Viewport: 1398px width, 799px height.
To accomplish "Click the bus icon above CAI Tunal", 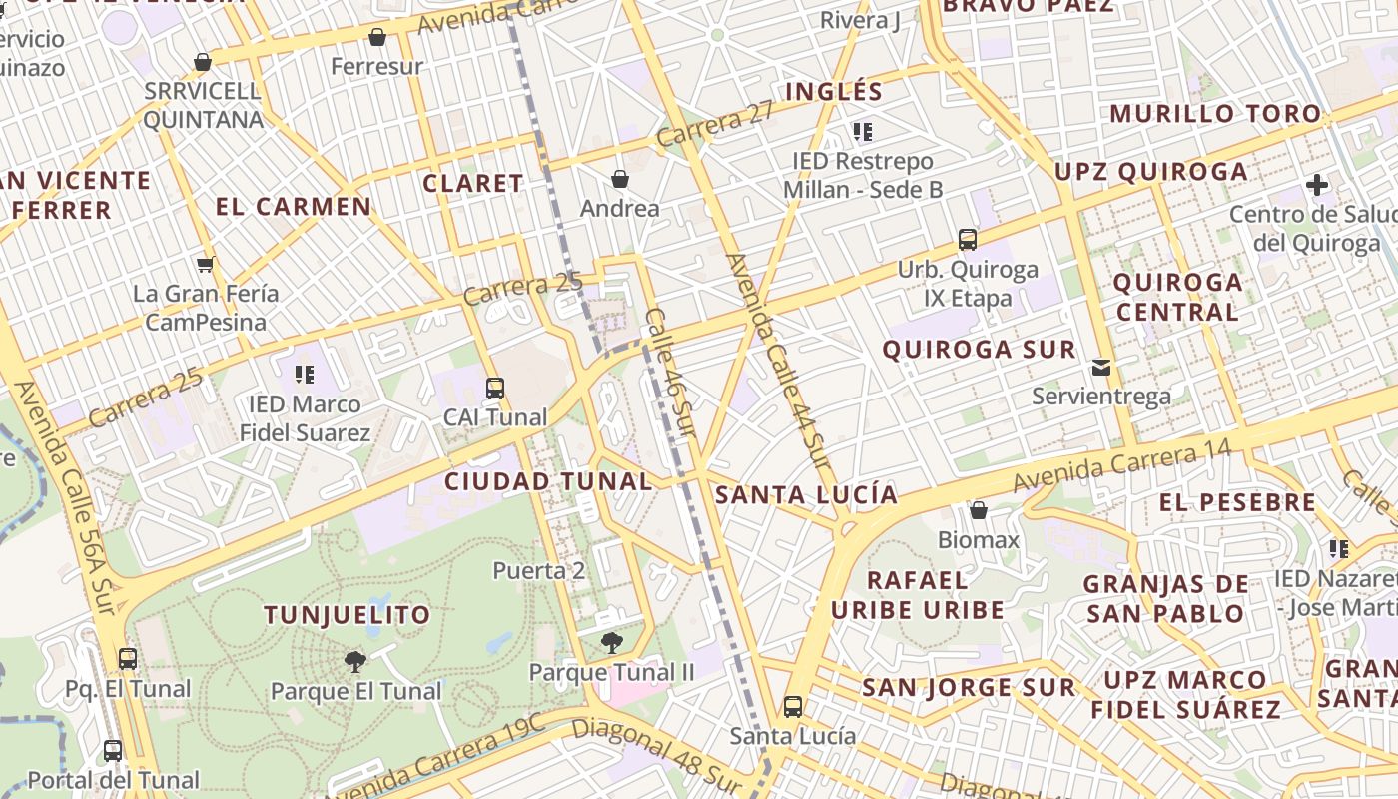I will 495,389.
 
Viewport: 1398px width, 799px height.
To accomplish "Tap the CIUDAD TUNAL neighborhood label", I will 548,481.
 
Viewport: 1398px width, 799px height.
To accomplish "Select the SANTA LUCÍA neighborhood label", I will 806,494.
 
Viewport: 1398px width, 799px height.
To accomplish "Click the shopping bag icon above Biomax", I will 979,510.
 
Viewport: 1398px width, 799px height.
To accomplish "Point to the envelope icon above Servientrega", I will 1100,367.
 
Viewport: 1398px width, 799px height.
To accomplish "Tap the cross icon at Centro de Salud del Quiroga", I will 1317,185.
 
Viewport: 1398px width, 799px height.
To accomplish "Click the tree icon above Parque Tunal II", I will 611,643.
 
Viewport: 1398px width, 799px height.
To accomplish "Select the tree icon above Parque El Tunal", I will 354,661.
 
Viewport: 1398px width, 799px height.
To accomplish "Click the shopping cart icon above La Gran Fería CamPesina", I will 206,265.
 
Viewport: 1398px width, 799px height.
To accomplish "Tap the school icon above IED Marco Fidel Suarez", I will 305,375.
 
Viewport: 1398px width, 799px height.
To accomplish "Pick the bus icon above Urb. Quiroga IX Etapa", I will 967,240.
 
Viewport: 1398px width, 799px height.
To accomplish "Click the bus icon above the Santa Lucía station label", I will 792,707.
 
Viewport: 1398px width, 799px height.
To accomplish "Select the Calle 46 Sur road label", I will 670,370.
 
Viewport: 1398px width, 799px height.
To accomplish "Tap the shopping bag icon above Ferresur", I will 377,38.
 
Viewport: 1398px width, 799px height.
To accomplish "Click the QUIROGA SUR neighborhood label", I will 980,350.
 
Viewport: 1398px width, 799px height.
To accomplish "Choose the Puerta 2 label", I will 539,571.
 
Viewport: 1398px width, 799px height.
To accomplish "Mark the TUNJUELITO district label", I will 347,615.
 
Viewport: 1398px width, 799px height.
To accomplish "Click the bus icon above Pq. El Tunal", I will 128,659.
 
